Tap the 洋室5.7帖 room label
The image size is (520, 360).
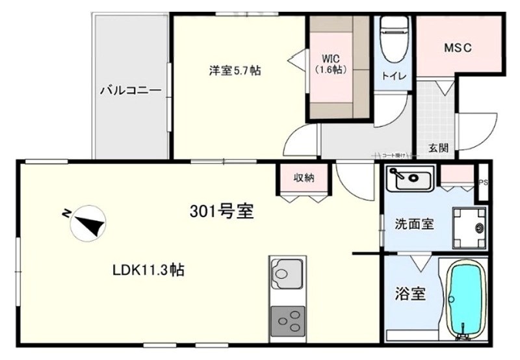pos(235,71)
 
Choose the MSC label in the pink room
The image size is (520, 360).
pos(457,48)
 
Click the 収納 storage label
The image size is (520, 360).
pos(304,177)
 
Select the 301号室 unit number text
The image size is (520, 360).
pos(221,212)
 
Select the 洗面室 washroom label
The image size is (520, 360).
pos(415,224)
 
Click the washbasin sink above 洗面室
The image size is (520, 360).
pos(409,178)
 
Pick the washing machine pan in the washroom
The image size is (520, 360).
pos(470,227)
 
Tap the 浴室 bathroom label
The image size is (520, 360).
pos(410,294)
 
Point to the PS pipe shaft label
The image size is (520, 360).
pos(483,183)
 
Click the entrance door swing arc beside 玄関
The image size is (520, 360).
pos(471,133)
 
